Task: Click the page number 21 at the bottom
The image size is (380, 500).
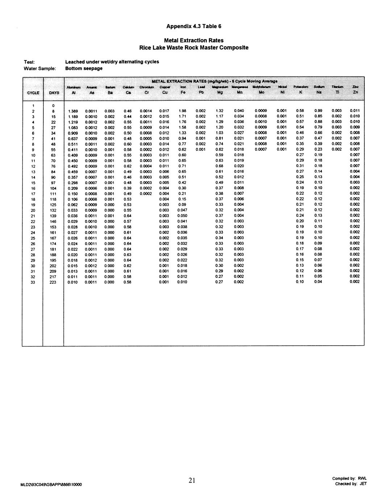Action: (192, 480)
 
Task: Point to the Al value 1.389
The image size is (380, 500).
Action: (73, 111)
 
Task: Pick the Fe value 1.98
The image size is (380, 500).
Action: (182, 111)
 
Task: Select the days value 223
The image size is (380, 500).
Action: (53, 282)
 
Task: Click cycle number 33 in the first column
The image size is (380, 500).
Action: (33, 282)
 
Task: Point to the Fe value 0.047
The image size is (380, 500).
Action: (182, 210)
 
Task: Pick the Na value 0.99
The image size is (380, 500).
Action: (318, 111)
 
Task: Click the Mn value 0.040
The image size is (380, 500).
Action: (239, 111)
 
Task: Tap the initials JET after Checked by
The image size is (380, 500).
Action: (363, 484)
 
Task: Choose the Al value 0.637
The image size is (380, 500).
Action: (73, 138)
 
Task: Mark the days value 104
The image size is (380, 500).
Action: (53, 188)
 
